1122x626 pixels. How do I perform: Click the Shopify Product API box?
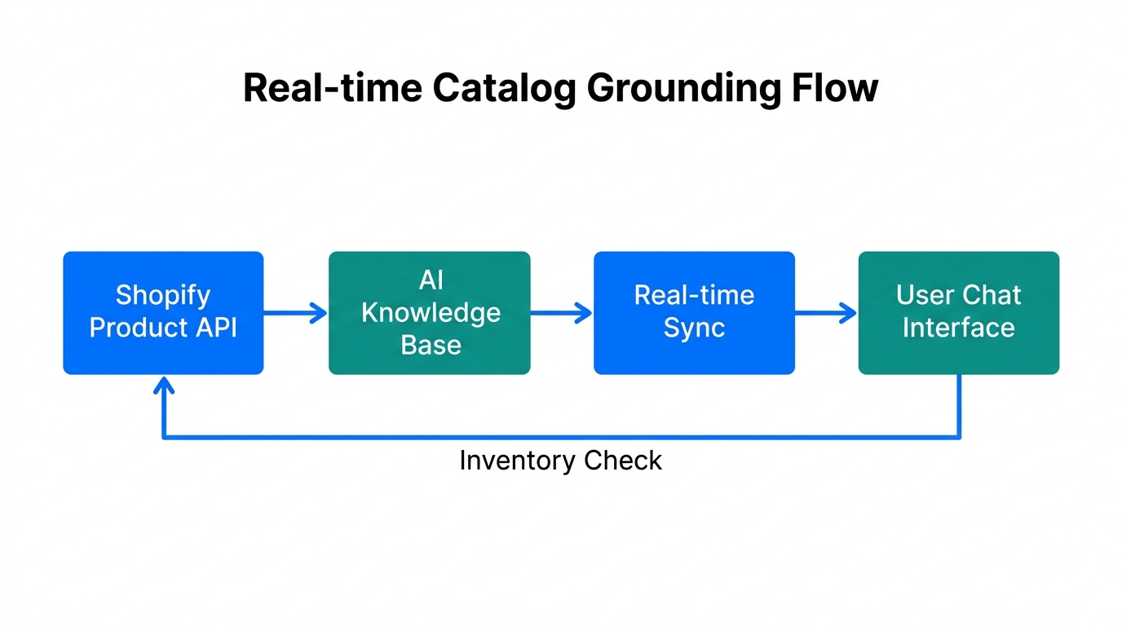pos(163,313)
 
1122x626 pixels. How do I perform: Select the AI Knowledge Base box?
pos(430,313)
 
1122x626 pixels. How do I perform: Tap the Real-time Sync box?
pos(694,313)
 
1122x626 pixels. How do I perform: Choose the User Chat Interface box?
pos(958,313)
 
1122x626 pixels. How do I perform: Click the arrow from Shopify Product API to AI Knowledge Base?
pos(295,313)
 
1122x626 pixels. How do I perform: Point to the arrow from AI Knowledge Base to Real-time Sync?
pos(561,313)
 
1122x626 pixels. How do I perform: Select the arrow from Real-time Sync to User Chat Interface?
pos(825,313)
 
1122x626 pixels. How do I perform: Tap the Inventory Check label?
pos(560,461)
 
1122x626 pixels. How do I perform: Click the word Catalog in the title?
pos(504,88)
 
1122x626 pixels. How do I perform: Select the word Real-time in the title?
pos(333,88)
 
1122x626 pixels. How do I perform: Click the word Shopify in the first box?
pos(163,295)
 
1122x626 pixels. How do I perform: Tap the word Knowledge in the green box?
pos(431,313)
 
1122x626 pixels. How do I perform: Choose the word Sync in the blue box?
pos(694,328)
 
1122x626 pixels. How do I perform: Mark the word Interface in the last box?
pos(958,328)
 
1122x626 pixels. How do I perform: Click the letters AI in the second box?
pos(431,281)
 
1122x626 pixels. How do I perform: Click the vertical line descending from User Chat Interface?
pos(958,406)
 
